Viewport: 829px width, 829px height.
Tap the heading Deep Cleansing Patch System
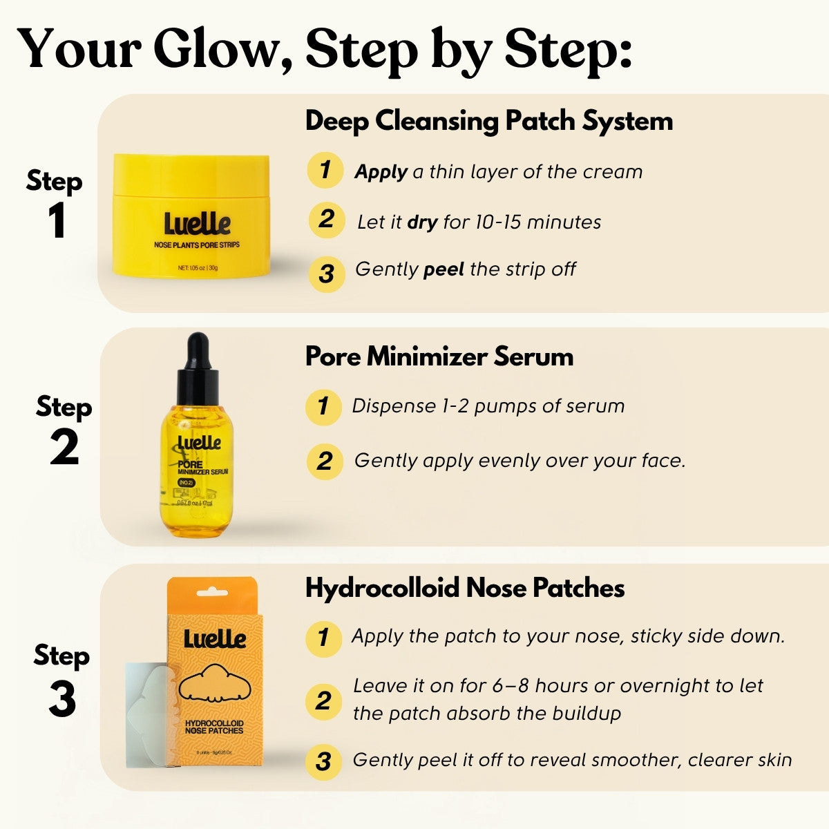tap(488, 121)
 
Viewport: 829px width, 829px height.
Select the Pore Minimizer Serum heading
tap(439, 356)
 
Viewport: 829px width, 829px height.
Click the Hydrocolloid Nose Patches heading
tap(465, 588)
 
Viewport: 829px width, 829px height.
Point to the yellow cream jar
tap(191, 216)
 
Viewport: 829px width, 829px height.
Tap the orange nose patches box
tap(213, 677)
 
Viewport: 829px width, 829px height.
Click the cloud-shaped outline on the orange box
tap(213, 683)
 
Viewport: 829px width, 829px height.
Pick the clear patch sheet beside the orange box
tap(147, 715)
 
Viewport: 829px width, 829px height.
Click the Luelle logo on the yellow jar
tap(197, 223)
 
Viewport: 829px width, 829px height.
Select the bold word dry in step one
tap(422, 222)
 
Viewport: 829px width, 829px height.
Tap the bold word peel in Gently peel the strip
tap(443, 269)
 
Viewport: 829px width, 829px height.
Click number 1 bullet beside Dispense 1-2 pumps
tap(323, 406)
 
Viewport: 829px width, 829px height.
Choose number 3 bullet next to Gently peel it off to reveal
tap(323, 761)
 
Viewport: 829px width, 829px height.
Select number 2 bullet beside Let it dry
tap(326, 220)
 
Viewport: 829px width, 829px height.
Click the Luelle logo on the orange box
tap(215, 638)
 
